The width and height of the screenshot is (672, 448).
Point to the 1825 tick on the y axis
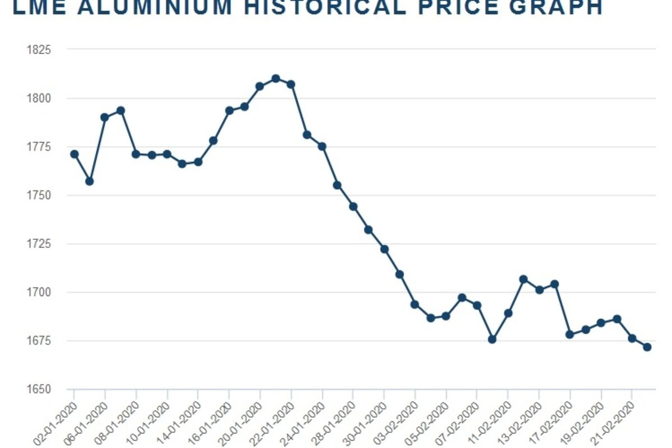coord(39,50)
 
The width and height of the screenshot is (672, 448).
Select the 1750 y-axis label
coord(39,195)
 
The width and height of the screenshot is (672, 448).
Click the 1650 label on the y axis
coord(39,389)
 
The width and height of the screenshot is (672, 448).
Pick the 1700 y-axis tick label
coord(39,292)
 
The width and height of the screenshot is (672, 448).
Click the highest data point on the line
coord(276,78)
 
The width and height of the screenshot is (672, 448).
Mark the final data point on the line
coord(647,347)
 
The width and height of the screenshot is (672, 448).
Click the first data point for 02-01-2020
coord(74,154)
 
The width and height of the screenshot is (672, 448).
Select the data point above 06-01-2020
coord(105,117)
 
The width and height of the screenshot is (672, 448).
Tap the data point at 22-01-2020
coord(291,84)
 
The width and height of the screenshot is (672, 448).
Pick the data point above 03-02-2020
coord(415,305)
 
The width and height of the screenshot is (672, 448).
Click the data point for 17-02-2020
coord(570,334)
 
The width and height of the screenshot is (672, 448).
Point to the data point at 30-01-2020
coord(384,249)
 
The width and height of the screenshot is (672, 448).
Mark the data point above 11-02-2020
coord(508,313)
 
